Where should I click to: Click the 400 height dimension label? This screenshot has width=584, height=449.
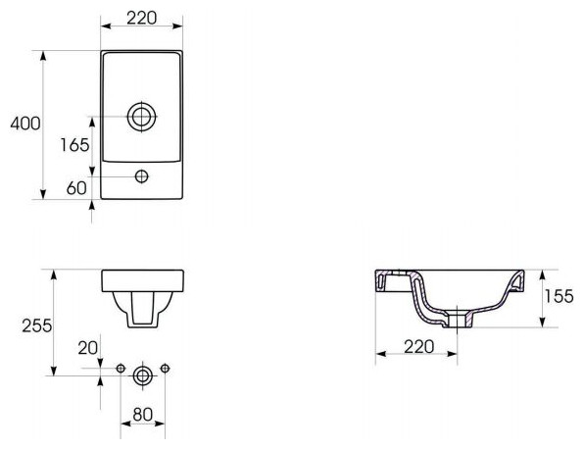[x=25, y=124]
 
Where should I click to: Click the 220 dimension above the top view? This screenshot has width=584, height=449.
[x=141, y=18]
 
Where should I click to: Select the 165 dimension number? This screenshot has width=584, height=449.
[x=74, y=145]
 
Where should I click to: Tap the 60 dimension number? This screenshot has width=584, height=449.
[x=76, y=188]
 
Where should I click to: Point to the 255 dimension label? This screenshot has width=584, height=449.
[x=37, y=325]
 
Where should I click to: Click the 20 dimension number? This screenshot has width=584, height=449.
[x=88, y=348]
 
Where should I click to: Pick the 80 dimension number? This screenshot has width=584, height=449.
[x=143, y=415]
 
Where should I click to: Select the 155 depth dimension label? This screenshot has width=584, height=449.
[x=560, y=297]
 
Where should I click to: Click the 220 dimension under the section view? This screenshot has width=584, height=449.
[x=419, y=347]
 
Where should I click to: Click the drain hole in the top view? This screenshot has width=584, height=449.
[x=141, y=117]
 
